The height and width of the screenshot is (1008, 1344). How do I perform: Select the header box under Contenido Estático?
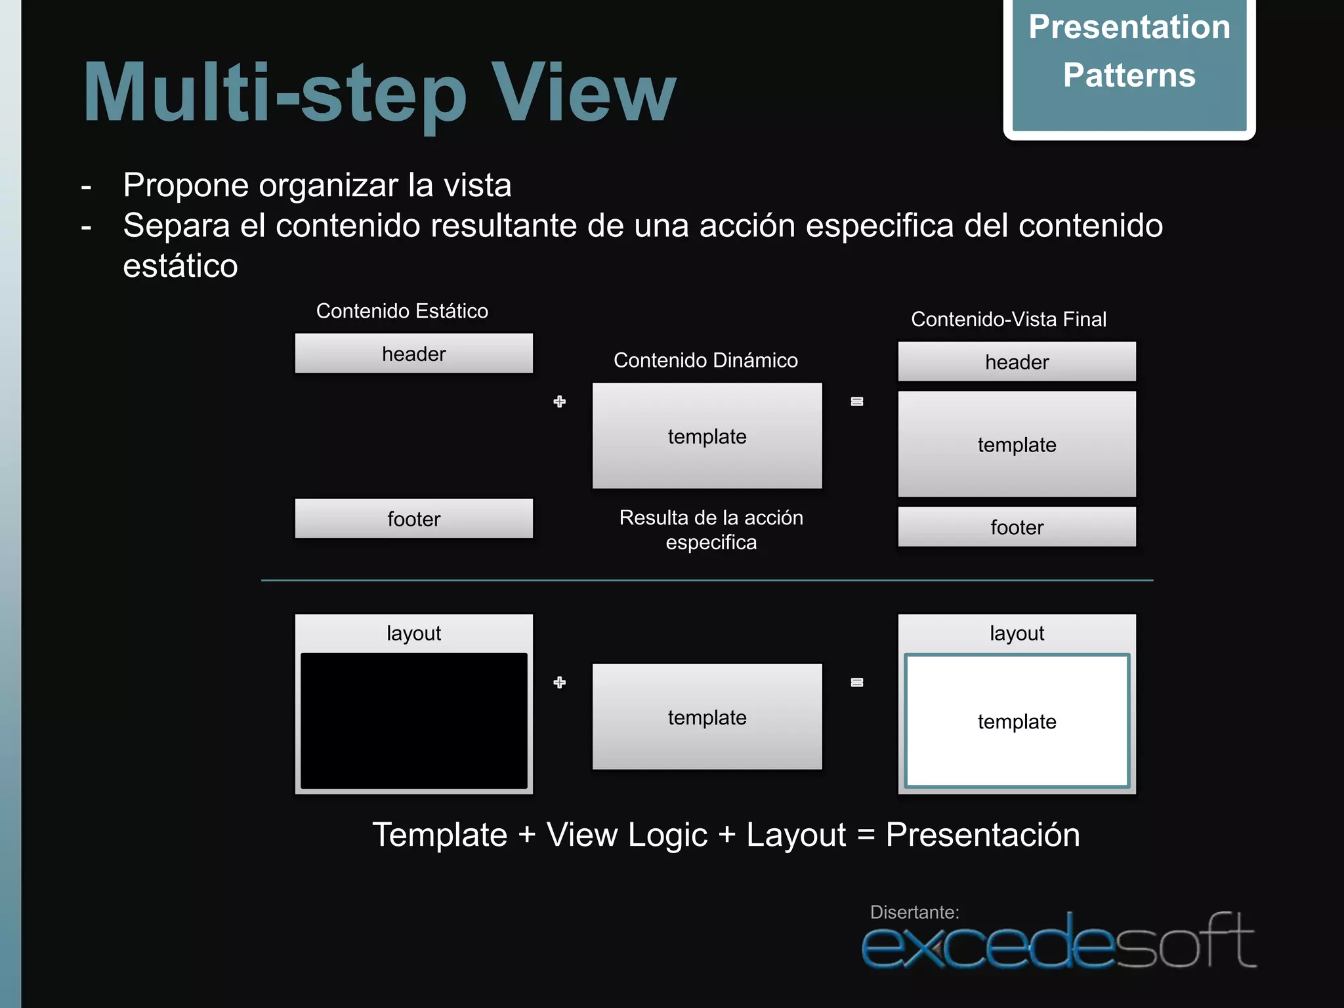tap(413, 354)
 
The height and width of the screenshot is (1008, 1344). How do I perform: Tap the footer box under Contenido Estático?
tap(413, 519)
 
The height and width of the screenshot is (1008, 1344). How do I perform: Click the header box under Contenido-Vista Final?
tap(1017, 362)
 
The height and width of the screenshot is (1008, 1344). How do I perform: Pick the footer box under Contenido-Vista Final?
tap(1017, 527)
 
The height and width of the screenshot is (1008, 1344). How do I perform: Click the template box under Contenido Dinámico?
tap(707, 436)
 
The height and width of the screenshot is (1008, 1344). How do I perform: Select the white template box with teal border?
tap(1017, 721)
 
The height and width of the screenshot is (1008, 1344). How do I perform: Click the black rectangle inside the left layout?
tap(413, 721)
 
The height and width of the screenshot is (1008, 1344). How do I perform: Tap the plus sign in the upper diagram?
tap(559, 402)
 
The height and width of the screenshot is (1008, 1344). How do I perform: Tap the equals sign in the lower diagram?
tap(856, 682)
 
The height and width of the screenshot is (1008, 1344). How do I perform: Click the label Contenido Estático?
tap(402, 311)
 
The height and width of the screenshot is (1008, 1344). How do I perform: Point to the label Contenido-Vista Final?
tap(1009, 320)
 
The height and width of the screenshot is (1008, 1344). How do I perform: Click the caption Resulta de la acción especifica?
tap(711, 530)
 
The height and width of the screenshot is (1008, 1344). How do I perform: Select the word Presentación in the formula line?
tap(982, 835)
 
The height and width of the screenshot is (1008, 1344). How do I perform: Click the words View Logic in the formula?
tap(627, 835)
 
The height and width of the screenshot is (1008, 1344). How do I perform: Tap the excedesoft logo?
tap(1058, 944)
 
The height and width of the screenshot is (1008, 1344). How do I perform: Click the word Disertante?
tap(914, 912)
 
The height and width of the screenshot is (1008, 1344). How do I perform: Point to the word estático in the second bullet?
tap(180, 266)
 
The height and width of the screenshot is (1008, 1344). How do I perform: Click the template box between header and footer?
tap(1017, 445)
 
